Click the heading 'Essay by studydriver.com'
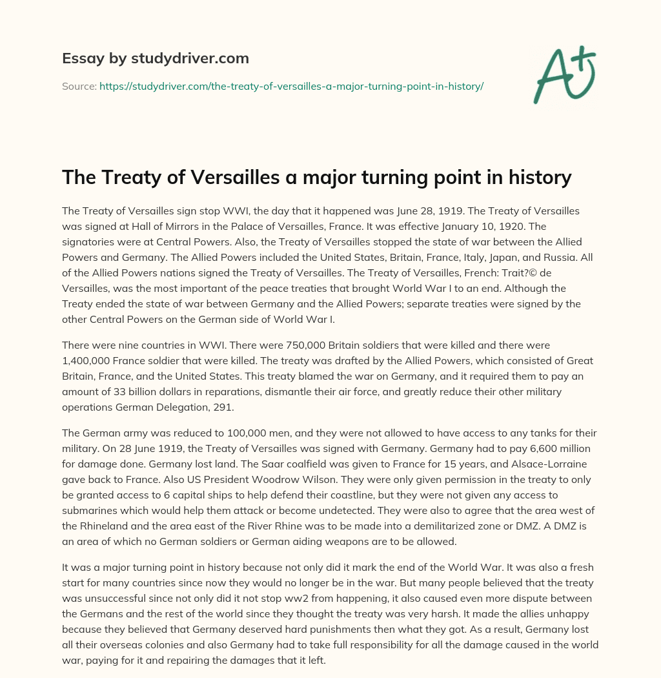(x=155, y=59)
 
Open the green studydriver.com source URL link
(x=291, y=86)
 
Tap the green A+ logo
(x=564, y=75)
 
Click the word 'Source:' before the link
(x=79, y=86)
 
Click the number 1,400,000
(x=89, y=360)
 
